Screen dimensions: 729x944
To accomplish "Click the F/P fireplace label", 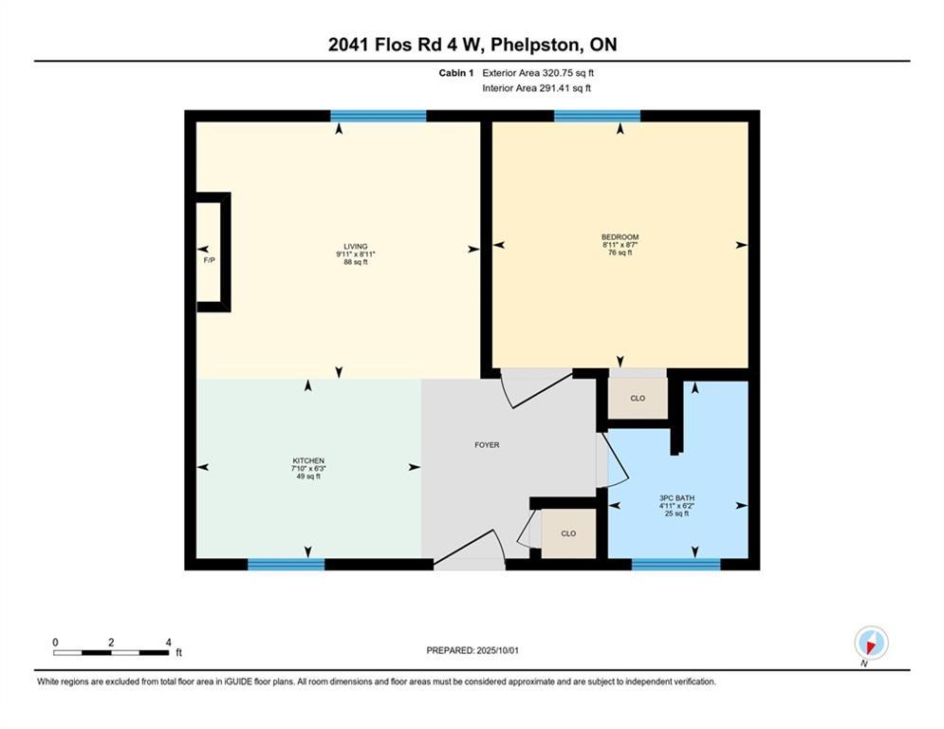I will pyautogui.click(x=209, y=259).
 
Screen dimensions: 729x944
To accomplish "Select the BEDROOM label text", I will pyautogui.click(x=620, y=237).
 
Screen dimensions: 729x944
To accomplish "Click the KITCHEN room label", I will pyautogui.click(x=308, y=460).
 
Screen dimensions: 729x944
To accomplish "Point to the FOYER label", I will pyautogui.click(x=487, y=444).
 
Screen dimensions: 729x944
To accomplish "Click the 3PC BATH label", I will pyautogui.click(x=676, y=497).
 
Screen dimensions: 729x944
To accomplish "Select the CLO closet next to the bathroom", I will pyautogui.click(x=638, y=398).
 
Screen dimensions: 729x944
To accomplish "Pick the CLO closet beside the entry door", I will pyautogui.click(x=568, y=533).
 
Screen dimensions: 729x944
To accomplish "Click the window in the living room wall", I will pyautogui.click(x=378, y=116).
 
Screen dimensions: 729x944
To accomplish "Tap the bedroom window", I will pyautogui.click(x=597, y=116).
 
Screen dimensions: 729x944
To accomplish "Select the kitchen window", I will pyautogui.click(x=286, y=564).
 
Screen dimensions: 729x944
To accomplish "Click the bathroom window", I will pyautogui.click(x=676, y=564).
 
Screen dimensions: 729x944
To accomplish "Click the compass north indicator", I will pyautogui.click(x=870, y=644).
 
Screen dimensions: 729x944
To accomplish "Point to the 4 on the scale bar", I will pyautogui.click(x=168, y=643).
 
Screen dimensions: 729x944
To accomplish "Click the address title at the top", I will pyautogui.click(x=472, y=45).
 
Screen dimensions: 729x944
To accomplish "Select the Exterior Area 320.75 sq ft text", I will pyautogui.click(x=538, y=72).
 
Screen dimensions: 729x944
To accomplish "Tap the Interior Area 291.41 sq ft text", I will pyautogui.click(x=538, y=88).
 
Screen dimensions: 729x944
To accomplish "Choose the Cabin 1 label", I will pyautogui.click(x=456, y=72).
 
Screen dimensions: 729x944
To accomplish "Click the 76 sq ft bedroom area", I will pyautogui.click(x=620, y=253).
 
